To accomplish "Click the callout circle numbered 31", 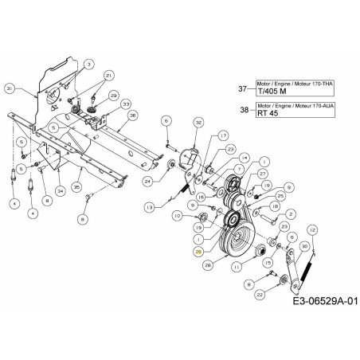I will click(9, 88).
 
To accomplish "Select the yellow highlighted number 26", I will click(198, 250).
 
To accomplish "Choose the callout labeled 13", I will click(149, 206).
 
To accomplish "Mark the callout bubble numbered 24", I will click(170, 182).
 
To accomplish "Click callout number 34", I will click(60, 189).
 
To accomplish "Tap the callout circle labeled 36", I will click(133, 115).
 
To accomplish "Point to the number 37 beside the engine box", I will click(245, 88).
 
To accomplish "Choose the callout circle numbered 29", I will click(113, 95).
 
